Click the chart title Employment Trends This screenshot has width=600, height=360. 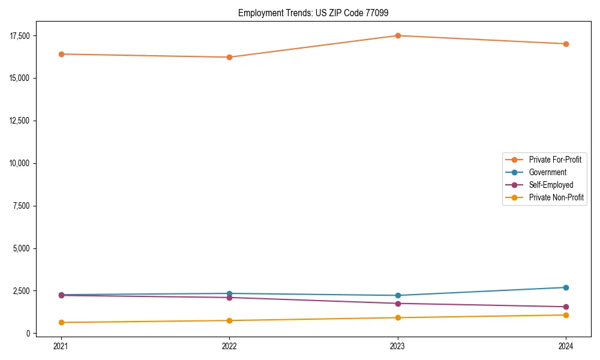[x=317, y=13]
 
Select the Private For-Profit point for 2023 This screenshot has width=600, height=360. [x=398, y=35]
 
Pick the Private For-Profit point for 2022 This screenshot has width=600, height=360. [x=229, y=57]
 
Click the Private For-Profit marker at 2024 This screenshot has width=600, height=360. [x=566, y=44]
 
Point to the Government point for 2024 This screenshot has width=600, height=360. [x=566, y=287]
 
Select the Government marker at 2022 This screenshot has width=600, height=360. [x=229, y=293]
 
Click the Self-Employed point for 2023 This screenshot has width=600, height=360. [x=398, y=303]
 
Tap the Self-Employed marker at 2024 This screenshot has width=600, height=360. [x=566, y=307]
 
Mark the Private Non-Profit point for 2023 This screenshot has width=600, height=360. [x=398, y=317]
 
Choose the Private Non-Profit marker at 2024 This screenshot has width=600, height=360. [x=566, y=315]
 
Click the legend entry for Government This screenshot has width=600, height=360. [x=547, y=172]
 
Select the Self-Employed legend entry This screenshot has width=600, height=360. [x=551, y=185]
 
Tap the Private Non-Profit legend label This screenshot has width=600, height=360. [x=556, y=197]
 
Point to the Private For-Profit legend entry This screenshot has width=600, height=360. [x=555, y=160]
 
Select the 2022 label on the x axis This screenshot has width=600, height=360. [x=229, y=346]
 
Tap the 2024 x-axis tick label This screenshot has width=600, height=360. [x=566, y=346]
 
